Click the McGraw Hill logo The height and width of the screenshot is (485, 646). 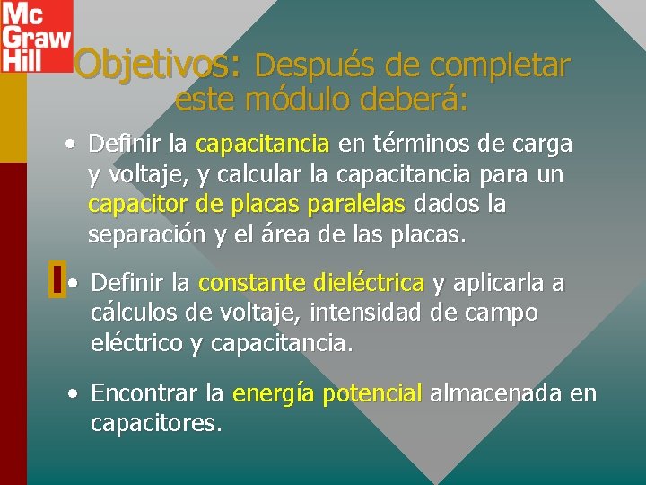pos(35,36)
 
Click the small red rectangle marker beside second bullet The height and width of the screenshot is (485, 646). pos(57,279)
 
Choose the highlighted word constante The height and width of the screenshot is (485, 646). pos(253,284)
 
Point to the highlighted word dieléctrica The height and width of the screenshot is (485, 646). pos(370,284)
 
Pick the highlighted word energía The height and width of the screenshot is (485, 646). pos(273,393)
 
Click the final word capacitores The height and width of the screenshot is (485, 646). pos(156,423)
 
